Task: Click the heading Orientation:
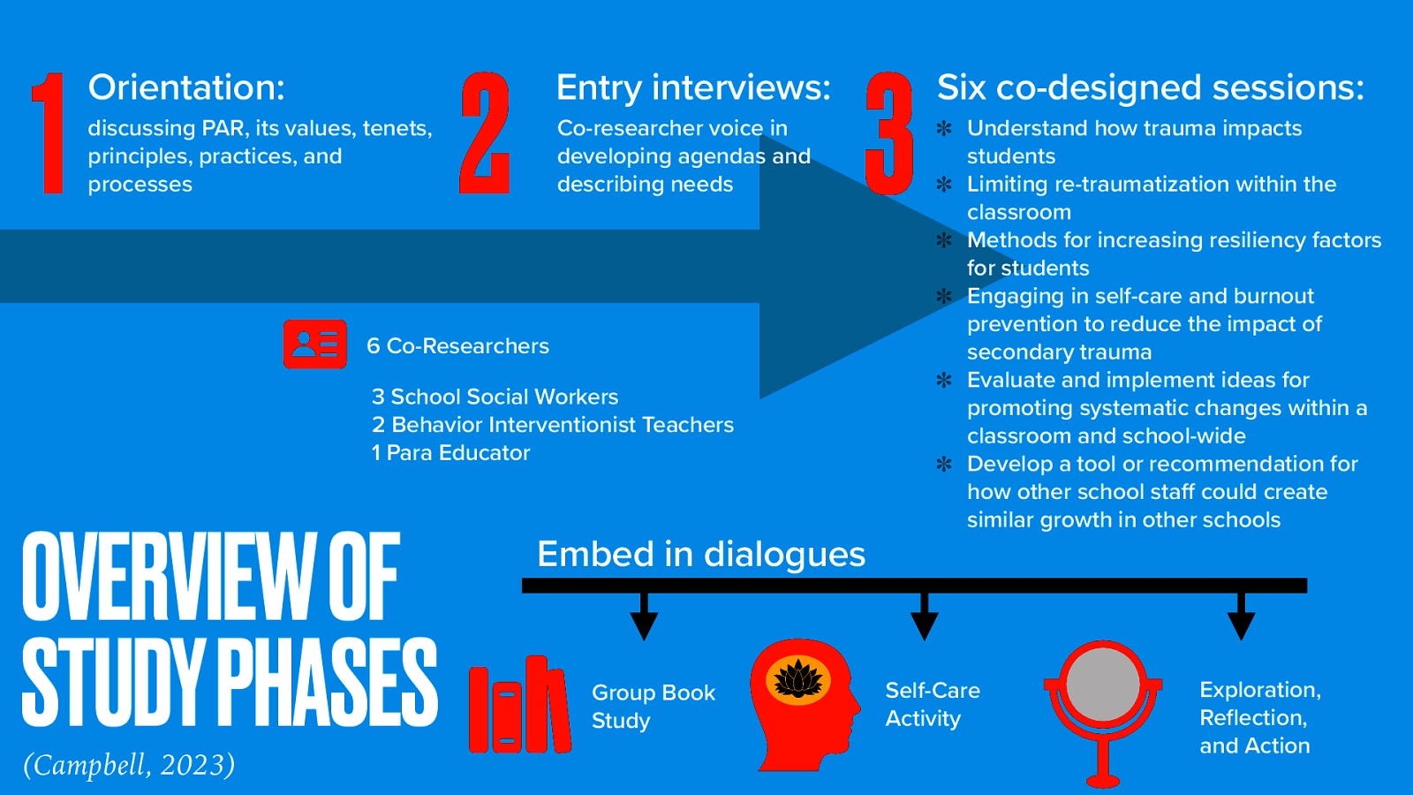[186, 87]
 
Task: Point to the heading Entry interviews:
[693, 87]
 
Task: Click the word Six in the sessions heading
[961, 87]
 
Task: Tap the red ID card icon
[314, 344]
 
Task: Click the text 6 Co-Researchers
[457, 346]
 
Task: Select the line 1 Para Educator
[450, 453]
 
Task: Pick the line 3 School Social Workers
[495, 397]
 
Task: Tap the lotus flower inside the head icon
[798, 679]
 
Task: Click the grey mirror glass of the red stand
[1102, 685]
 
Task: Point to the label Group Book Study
[653, 706]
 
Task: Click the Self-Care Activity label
[932, 704]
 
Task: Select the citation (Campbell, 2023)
[129, 764]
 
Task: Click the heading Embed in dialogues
[701, 555]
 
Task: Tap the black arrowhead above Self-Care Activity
[924, 625]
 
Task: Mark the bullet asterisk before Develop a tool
[944, 464]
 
